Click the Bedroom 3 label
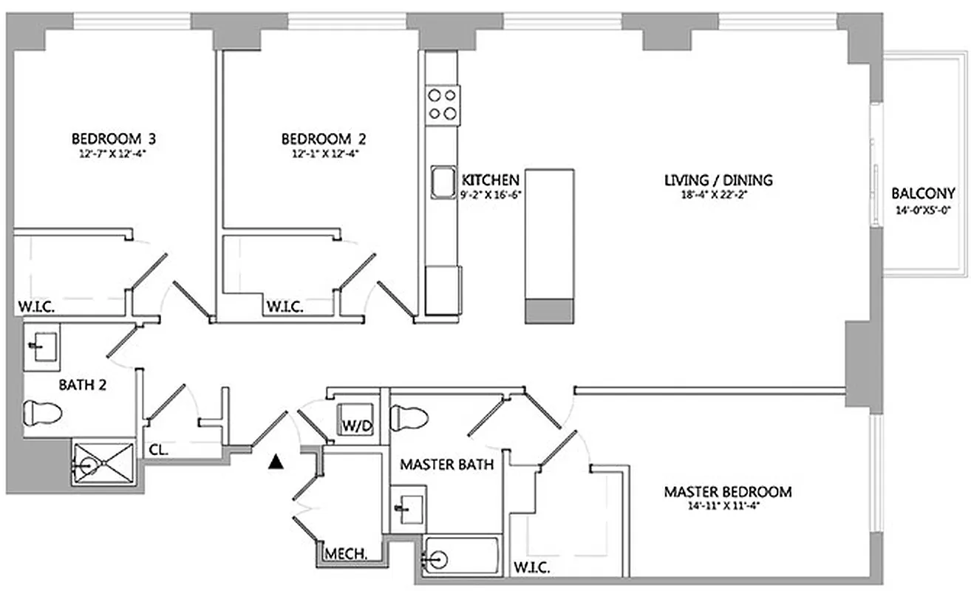pos(113,138)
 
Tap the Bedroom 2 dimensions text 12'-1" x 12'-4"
pos(323,154)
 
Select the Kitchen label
pos(490,180)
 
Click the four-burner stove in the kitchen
pos(442,103)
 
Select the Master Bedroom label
pos(727,491)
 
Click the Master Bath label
pos(446,465)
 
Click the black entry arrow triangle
pos(276,462)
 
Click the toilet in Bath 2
pos(43,412)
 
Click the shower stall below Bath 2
pos(103,463)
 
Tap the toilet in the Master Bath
pos(409,418)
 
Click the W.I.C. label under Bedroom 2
pos(285,307)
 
